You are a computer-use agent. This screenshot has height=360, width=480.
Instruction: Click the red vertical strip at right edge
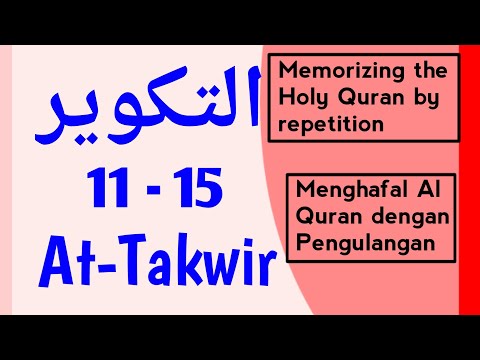click(468, 180)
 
